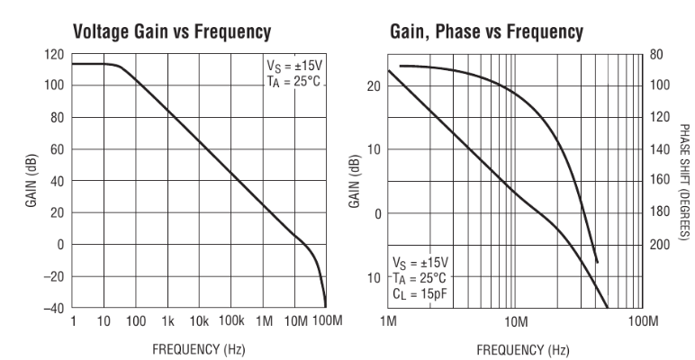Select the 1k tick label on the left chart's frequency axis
click(167, 321)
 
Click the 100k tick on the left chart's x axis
click(231, 321)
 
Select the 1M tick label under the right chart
click(389, 321)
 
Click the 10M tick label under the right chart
click(516, 321)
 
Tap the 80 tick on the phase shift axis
click(656, 54)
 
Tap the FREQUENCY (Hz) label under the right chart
click(516, 346)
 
